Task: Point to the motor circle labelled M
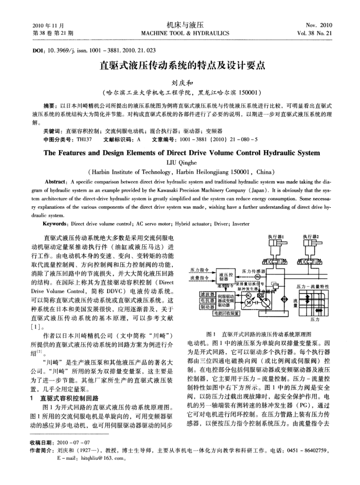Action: [248, 302]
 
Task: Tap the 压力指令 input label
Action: [199, 269]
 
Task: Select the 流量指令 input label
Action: [199, 277]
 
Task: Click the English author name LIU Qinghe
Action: [179, 162]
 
